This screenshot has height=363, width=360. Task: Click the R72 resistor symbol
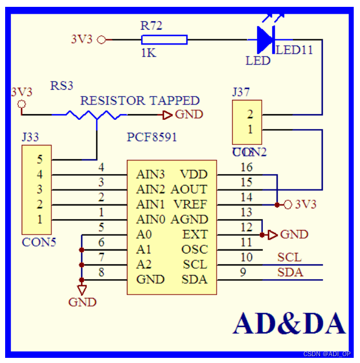(x=164, y=39)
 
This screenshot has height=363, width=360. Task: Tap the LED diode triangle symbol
(x=265, y=39)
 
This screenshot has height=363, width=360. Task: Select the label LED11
(x=294, y=50)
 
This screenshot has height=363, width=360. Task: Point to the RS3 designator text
(x=62, y=86)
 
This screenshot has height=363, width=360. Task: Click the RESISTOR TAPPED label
(x=139, y=101)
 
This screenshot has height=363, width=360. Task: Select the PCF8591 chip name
(x=152, y=138)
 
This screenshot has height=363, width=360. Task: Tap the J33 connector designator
(x=30, y=138)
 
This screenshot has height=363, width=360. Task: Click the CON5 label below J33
(x=39, y=242)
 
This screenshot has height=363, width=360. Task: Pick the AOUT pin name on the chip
(x=189, y=189)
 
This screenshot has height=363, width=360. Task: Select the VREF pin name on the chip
(x=190, y=204)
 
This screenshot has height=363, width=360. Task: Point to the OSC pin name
(x=194, y=249)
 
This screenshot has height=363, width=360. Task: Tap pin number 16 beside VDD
(x=246, y=167)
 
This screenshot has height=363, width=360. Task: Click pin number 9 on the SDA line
(x=243, y=272)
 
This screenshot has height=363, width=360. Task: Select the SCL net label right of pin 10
(x=290, y=257)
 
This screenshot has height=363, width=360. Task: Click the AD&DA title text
(x=289, y=323)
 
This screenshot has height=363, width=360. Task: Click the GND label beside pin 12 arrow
(x=294, y=235)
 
